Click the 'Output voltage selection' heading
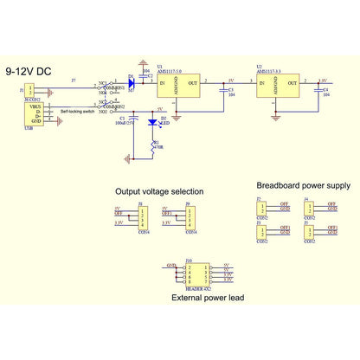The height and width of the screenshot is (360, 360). pyautogui.click(x=159, y=191)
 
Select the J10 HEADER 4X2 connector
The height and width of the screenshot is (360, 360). pyautogui.click(x=191, y=275)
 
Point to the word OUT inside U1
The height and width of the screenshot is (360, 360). pyautogui.click(x=191, y=84)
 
